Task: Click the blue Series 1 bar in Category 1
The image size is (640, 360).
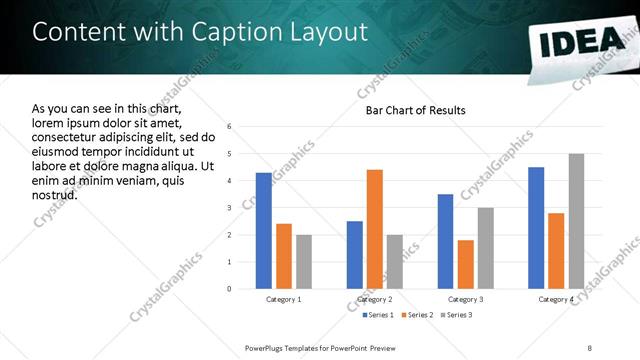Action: click(263, 231)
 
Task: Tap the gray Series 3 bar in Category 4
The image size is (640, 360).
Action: click(576, 221)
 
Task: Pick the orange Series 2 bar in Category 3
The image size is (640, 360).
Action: click(465, 264)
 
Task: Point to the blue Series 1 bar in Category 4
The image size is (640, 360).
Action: click(536, 228)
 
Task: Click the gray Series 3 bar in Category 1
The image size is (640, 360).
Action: click(303, 262)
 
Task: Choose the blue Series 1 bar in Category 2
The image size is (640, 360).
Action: click(354, 255)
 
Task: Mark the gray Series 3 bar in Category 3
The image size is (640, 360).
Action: click(485, 248)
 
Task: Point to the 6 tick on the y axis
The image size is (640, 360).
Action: click(229, 127)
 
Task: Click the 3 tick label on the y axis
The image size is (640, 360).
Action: click(229, 208)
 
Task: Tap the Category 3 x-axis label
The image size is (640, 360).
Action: click(465, 299)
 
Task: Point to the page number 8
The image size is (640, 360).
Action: click(589, 347)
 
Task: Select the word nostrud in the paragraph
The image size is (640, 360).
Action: click(55, 193)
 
